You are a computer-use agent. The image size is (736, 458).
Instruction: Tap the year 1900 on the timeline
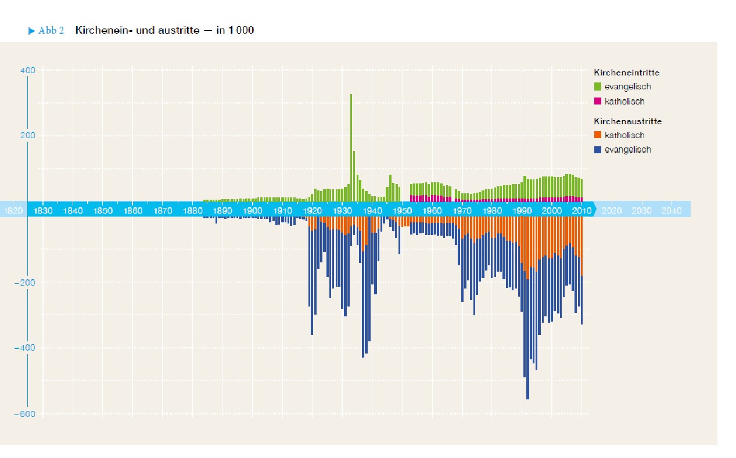click(252, 210)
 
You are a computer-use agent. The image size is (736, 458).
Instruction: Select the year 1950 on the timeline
click(402, 210)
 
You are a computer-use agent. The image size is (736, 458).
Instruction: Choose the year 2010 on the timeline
click(581, 210)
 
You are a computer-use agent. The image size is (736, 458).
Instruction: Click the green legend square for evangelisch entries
click(598, 87)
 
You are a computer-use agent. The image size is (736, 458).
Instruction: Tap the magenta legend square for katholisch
click(598, 102)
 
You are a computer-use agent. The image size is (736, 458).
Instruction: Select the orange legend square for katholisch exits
click(598, 135)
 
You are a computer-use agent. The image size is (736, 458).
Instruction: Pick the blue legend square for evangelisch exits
click(598, 150)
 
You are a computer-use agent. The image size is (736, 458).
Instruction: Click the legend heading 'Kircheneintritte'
click(626, 73)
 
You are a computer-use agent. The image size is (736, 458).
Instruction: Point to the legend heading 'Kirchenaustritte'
click(627, 122)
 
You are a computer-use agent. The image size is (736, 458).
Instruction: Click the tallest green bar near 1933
click(351, 145)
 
